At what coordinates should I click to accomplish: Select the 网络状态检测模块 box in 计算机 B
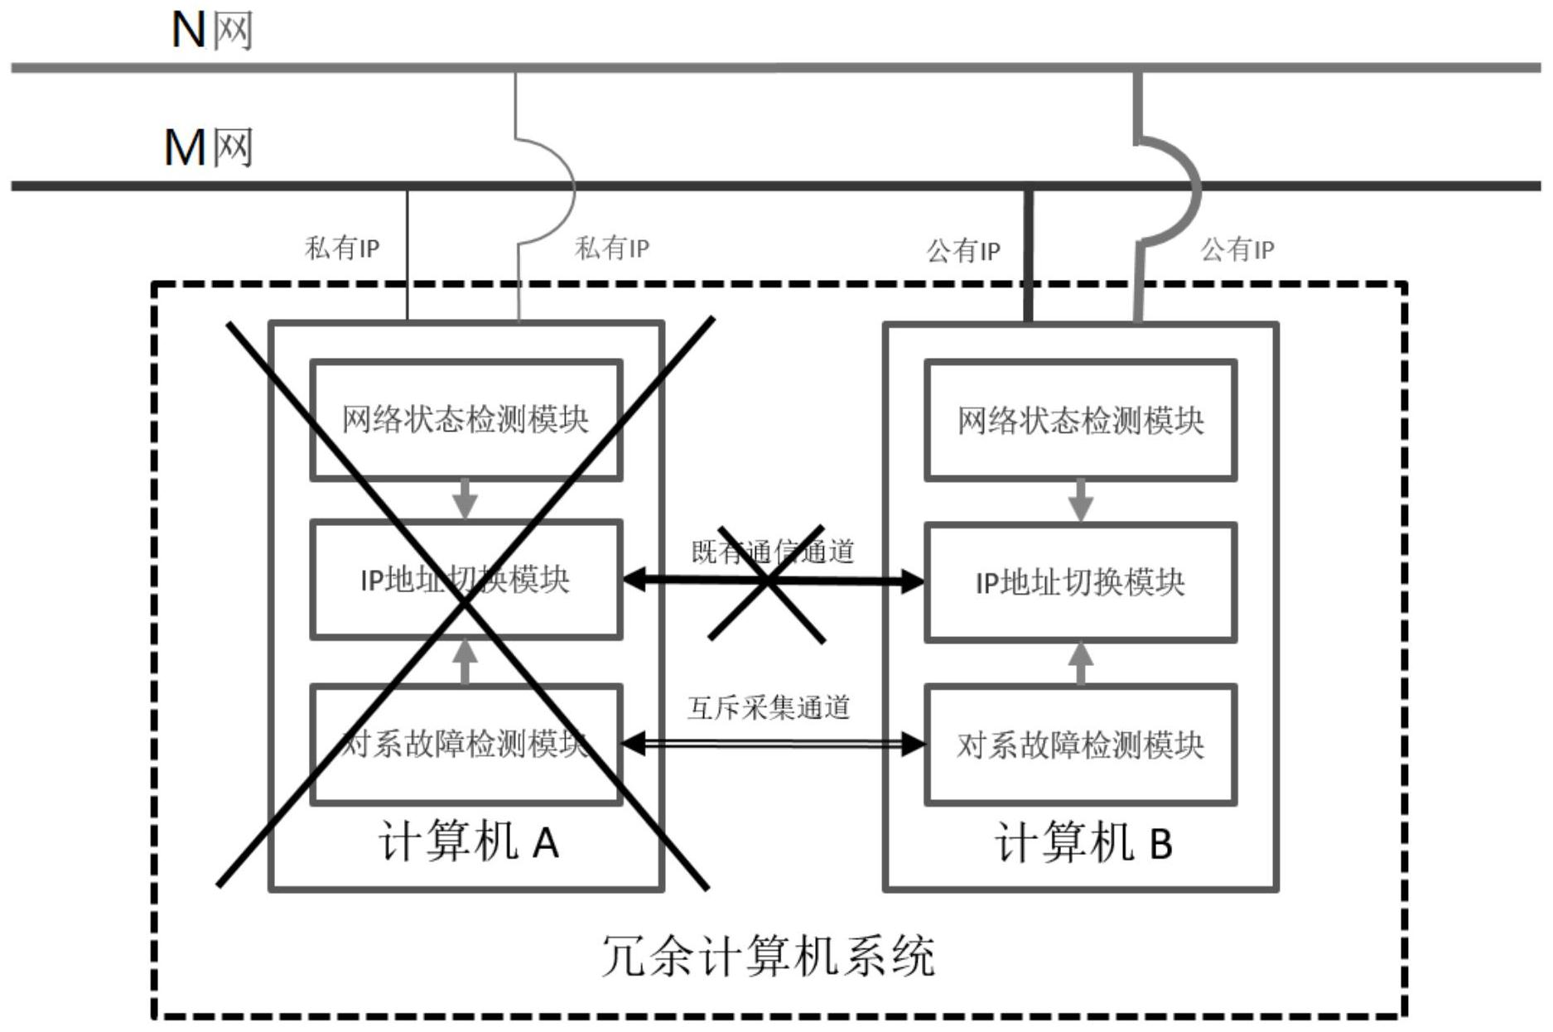1080,421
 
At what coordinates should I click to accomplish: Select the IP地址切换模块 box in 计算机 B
1080,582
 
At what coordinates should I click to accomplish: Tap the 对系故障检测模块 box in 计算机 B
1080,745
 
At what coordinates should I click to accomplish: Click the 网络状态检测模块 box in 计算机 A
465,419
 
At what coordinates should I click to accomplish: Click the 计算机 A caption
468,842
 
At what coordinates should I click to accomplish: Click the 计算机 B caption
1083,842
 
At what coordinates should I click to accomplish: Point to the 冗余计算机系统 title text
768,956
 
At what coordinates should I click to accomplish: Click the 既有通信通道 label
772,552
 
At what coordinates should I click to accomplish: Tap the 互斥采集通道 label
769,707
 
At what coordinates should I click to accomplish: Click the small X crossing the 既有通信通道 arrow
768,583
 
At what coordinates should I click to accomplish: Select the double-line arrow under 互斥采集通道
772,745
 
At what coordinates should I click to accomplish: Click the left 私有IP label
342,248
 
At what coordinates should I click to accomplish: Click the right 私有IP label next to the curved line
612,248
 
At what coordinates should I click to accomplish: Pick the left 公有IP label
962,250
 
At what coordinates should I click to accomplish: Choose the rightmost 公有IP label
1237,248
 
